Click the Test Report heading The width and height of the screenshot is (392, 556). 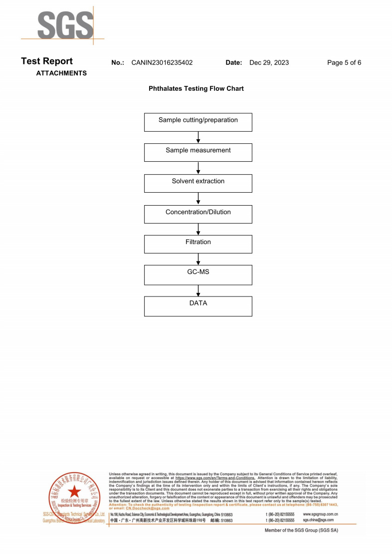[47, 61]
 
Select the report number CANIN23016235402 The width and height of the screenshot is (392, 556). [162, 63]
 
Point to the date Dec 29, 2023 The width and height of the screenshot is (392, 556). [269, 63]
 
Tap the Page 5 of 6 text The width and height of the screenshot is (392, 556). [344, 63]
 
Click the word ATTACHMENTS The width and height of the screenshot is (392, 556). [61, 73]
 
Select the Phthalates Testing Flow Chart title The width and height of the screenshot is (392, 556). [196, 89]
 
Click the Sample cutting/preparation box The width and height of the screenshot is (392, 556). [198, 122]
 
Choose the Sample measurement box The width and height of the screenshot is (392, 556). [198, 152]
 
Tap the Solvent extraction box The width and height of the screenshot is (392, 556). [198, 183]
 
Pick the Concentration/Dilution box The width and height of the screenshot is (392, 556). [198, 214]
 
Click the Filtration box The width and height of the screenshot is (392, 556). [198, 244]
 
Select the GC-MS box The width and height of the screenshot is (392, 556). [198, 275]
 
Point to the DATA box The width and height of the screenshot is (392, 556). [198, 306]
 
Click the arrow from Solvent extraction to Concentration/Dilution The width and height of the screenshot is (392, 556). [198, 199]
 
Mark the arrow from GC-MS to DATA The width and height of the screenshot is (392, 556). [198, 290]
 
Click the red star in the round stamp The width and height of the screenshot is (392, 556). [75, 492]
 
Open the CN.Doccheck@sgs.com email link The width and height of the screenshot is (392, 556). [148, 508]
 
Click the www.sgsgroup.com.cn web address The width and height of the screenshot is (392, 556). [321, 514]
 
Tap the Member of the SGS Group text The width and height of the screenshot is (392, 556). [301, 530]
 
